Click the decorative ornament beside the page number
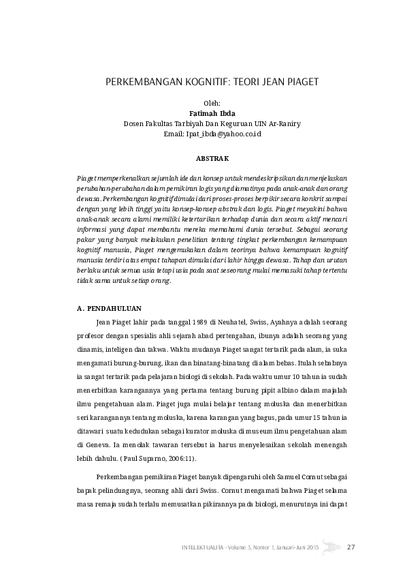[x=332, y=547]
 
